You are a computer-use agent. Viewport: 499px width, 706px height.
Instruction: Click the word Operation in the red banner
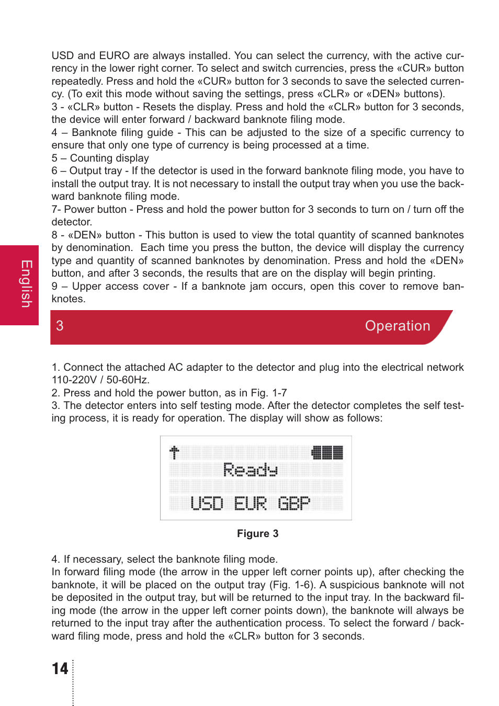397,326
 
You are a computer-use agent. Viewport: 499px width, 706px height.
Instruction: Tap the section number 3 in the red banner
60,326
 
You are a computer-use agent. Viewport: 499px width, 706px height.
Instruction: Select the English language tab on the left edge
26,284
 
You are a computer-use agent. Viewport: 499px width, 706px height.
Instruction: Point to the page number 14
60,668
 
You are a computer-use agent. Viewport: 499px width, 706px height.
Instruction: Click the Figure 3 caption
257,533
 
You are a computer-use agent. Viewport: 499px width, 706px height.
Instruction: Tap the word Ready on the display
250,470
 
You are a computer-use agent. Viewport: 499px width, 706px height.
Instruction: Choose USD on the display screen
207,503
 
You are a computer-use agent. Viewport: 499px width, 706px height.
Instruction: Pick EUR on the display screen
250,503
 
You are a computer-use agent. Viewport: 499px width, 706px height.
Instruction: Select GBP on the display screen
293,503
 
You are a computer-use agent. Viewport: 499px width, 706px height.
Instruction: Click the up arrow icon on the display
174,452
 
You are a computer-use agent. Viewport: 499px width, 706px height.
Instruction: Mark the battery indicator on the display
327,452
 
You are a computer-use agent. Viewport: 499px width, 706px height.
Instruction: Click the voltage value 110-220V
74,380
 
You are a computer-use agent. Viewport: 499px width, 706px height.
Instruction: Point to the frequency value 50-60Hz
128,380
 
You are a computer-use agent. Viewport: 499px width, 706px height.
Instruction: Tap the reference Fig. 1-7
269,393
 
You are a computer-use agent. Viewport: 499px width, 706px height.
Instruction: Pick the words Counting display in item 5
109,158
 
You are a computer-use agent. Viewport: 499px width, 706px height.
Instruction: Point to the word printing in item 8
415,273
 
